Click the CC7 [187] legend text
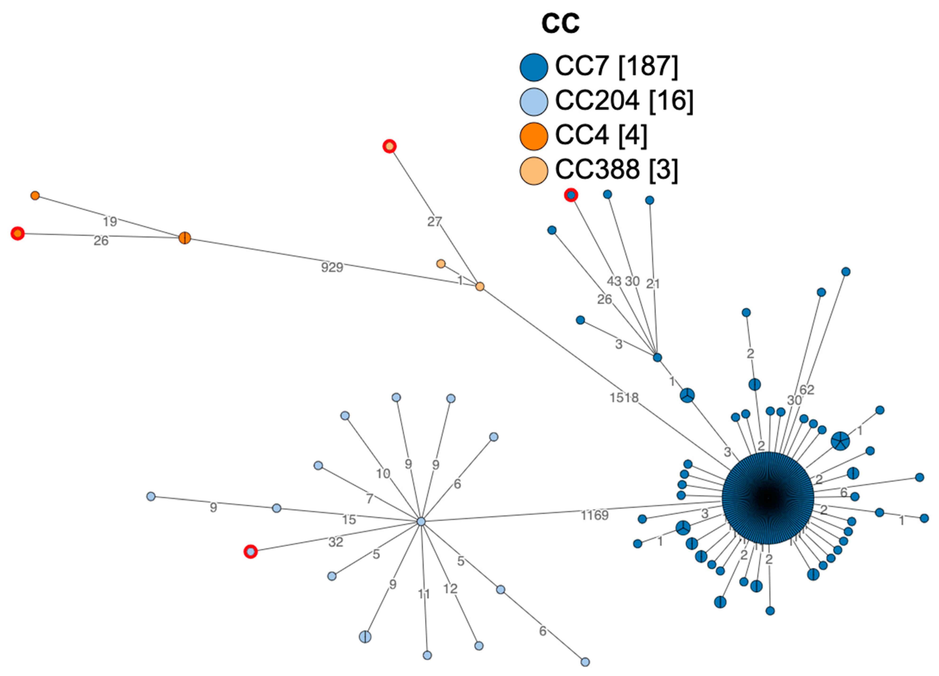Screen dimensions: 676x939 [x=616, y=66]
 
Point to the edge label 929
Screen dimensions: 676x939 [x=332, y=268]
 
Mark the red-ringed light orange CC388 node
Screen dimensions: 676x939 [x=389, y=146]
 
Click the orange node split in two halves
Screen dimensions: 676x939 [x=185, y=238]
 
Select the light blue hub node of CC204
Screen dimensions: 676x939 [x=421, y=522]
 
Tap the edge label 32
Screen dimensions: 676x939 [x=336, y=542]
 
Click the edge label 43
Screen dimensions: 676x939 [x=614, y=281]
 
